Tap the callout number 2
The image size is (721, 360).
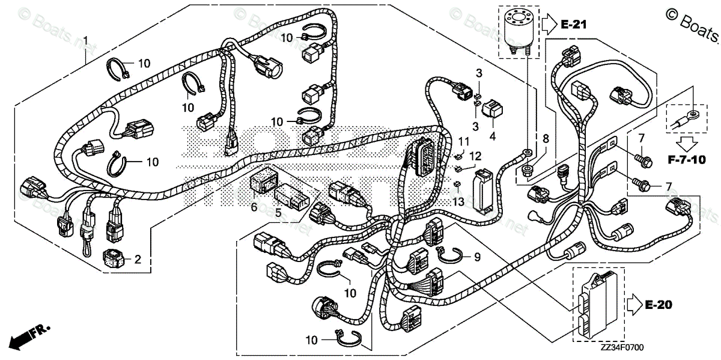(137, 260)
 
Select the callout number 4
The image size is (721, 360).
(493, 136)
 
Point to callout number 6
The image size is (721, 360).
(254, 207)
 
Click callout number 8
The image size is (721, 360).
(546, 138)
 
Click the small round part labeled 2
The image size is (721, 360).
(114, 258)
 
